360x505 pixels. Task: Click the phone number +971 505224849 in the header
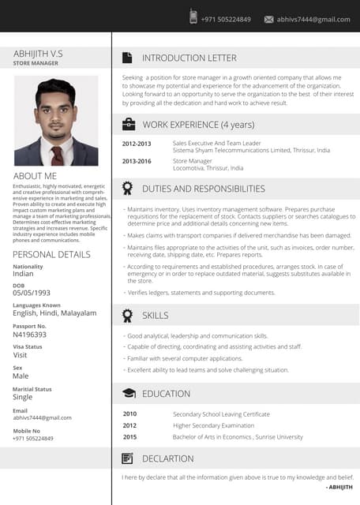226,19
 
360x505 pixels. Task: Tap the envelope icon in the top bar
268,19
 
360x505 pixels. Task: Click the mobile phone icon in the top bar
193,17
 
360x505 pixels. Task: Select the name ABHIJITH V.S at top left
38,53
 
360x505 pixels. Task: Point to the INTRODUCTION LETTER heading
189,58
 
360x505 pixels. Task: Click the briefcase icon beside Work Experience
128,124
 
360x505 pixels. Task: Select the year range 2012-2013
137,144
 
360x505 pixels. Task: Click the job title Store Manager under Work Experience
193,161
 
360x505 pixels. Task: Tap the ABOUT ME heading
35,175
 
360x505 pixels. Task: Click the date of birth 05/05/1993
32,293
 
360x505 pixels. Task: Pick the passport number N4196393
30,335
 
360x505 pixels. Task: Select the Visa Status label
28,346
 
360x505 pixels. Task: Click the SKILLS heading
155,316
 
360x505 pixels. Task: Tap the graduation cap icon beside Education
128,393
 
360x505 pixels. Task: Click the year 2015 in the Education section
129,436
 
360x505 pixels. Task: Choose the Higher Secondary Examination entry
213,425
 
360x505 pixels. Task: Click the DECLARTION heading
167,458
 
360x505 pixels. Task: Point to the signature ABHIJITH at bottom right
339,488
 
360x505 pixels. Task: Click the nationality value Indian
23,274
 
